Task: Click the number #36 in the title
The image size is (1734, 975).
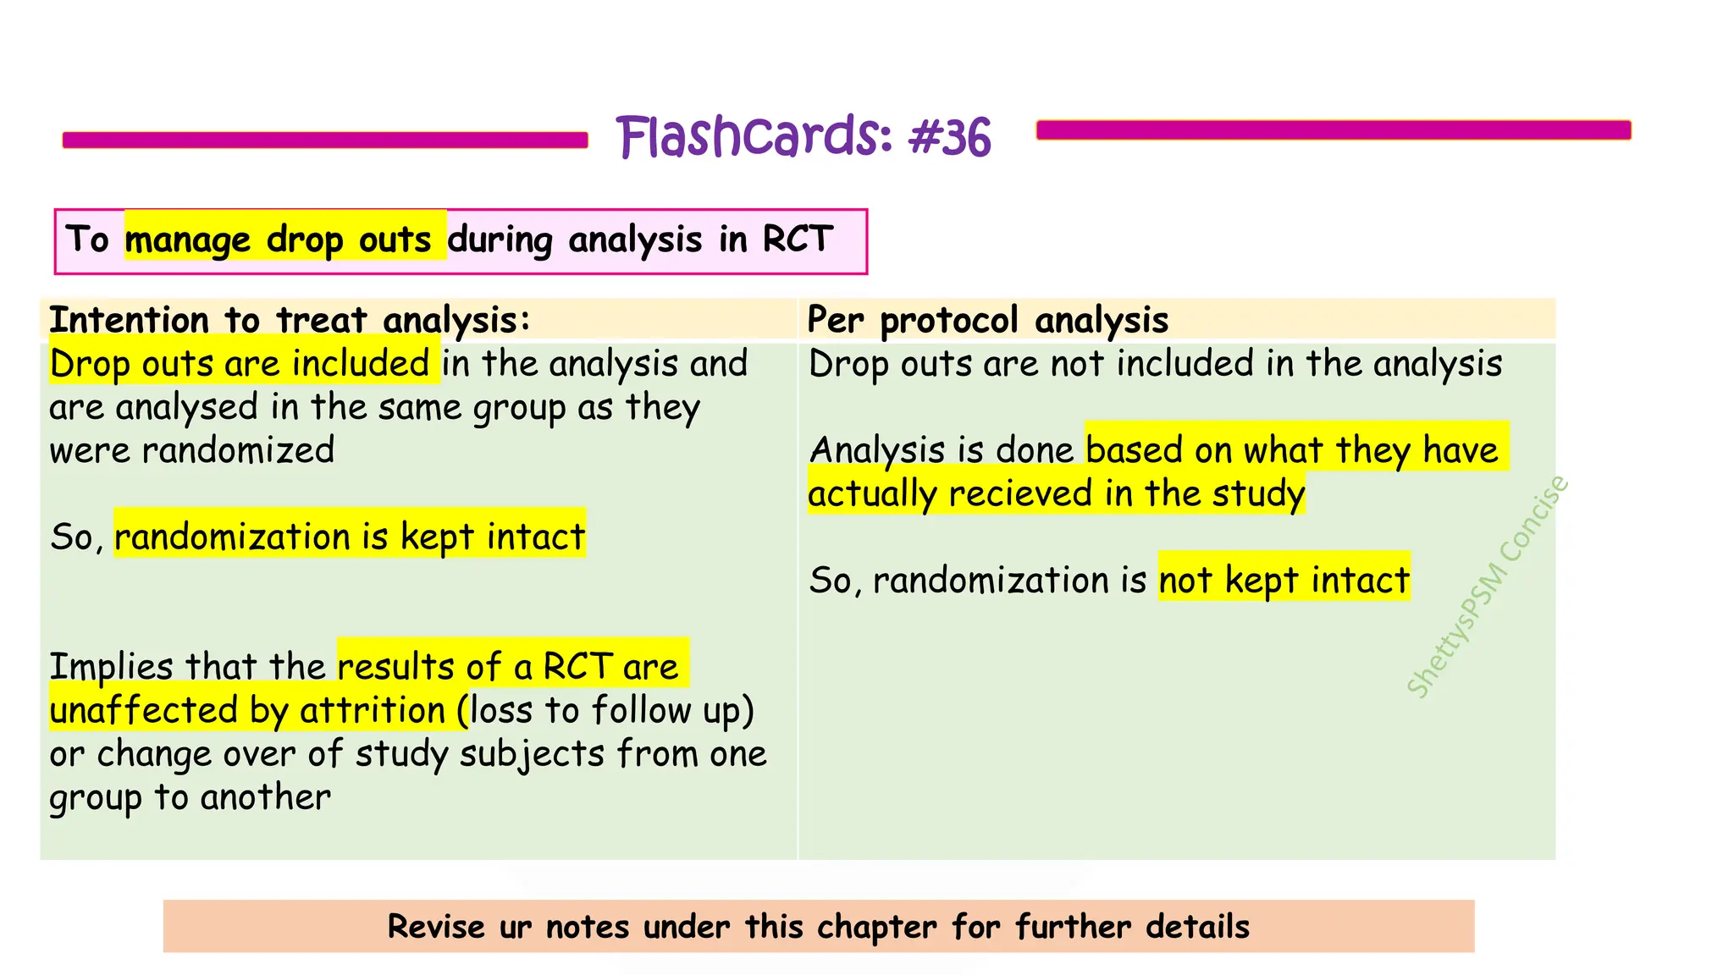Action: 949,137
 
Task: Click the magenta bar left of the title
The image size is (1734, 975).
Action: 325,140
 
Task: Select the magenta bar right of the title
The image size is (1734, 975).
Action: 1334,129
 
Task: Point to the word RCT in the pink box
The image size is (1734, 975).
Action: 798,240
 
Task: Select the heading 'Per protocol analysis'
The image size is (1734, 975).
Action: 987,320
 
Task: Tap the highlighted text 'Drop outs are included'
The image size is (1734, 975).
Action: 240,364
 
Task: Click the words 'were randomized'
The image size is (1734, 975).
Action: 192,450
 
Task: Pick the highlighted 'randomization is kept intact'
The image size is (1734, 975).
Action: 350,537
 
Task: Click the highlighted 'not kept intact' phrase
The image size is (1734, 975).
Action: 1284,580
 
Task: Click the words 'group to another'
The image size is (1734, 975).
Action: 191,797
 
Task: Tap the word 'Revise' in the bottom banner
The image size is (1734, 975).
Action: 436,927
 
